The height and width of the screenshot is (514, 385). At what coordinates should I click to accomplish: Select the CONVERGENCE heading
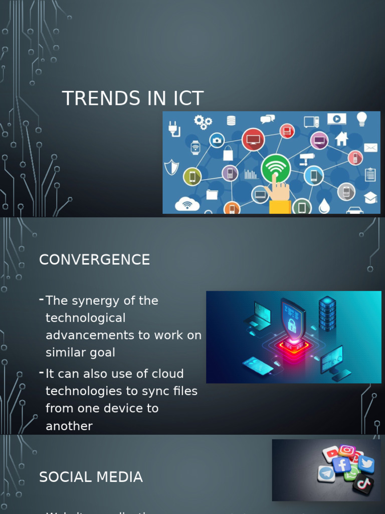point(94,260)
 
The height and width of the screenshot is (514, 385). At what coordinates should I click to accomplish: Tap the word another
point(69,426)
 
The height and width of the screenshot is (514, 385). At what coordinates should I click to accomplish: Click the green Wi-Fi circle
point(276,169)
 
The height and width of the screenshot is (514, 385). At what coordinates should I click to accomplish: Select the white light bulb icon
point(361,119)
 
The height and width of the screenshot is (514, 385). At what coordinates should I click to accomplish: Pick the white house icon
point(342,138)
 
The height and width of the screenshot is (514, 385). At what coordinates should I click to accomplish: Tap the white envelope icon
point(370,148)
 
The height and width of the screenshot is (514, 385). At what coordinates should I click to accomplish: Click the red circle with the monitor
point(253,140)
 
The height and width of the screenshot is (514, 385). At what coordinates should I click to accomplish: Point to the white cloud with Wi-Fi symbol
point(187,204)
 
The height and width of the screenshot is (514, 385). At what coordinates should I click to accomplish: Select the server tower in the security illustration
point(327,313)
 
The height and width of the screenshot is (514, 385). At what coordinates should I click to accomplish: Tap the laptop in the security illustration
point(259,315)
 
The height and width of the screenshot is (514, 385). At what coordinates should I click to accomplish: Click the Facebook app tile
point(342,465)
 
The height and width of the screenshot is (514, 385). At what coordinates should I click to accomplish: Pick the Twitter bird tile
point(366,464)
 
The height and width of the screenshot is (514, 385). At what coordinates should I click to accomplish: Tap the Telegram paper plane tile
point(326,473)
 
